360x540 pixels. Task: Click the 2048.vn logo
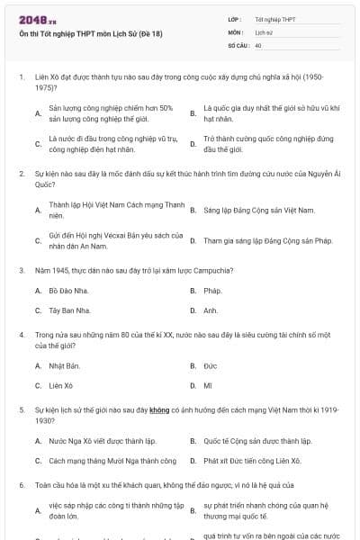pos(37,18)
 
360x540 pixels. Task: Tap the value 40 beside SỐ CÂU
pos(258,44)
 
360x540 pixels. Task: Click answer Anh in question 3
pos(211,310)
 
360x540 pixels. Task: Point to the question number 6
pos(22,484)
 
